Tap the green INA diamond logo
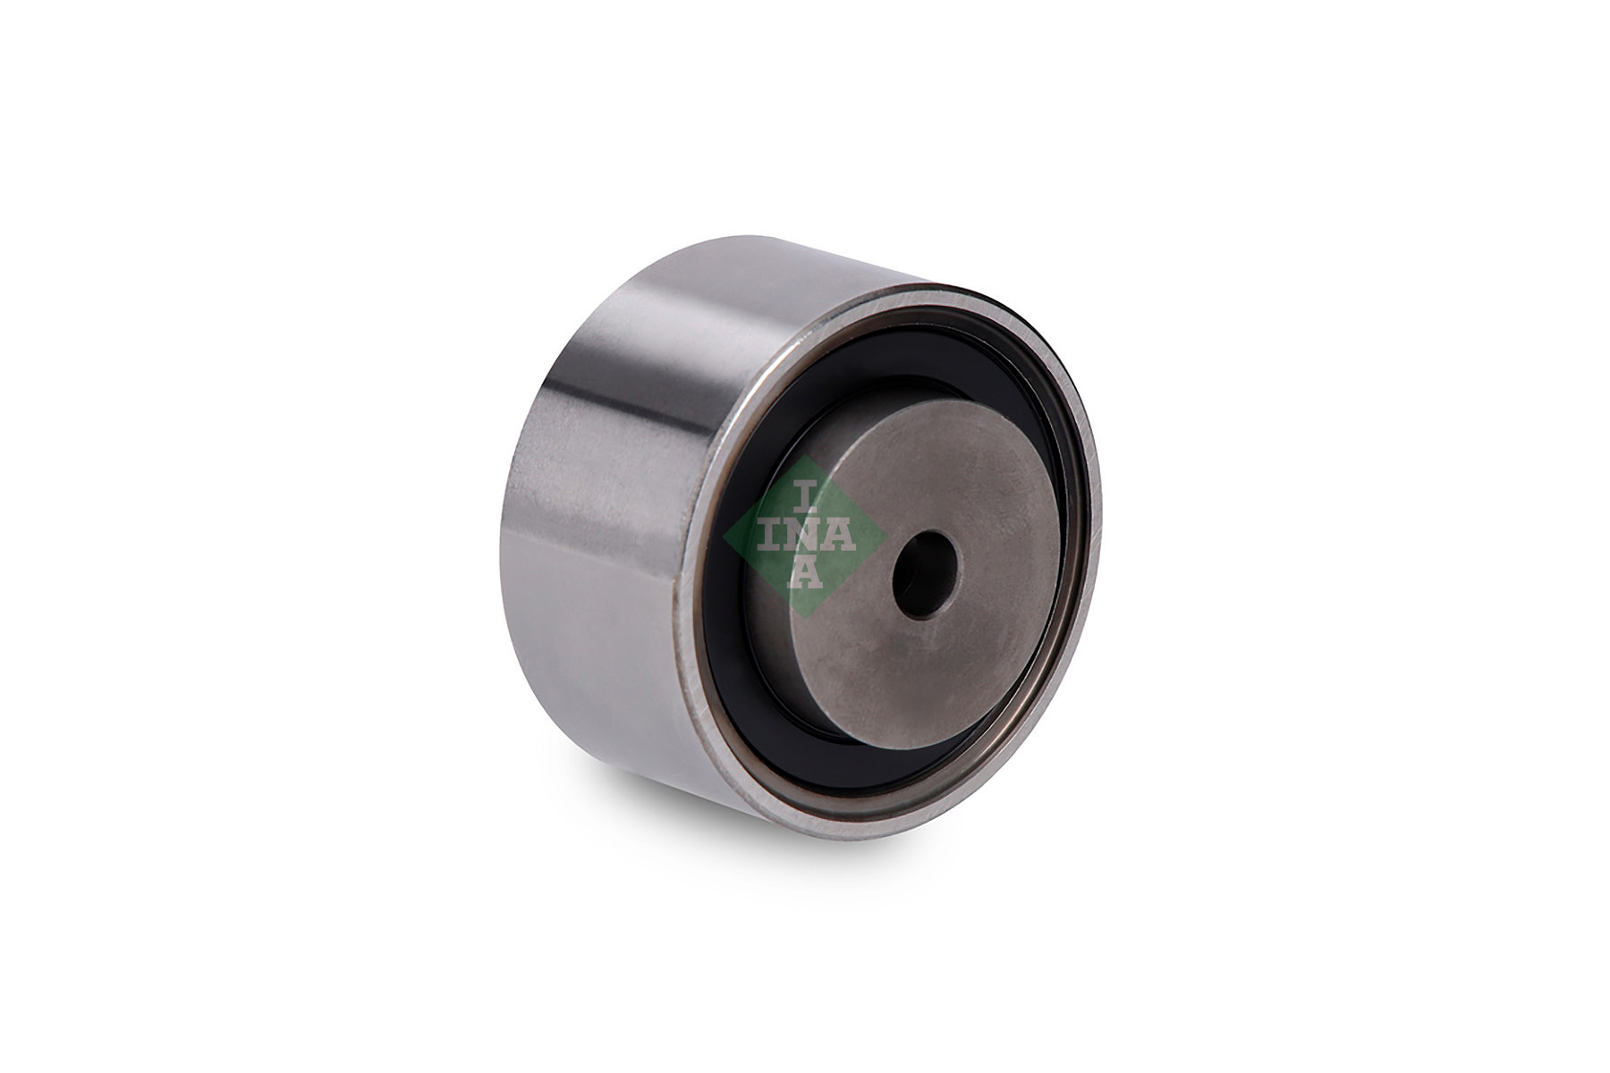coord(804,536)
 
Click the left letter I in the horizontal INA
coord(767,536)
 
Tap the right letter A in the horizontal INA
coord(842,536)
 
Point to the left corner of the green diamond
coord(724,536)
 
